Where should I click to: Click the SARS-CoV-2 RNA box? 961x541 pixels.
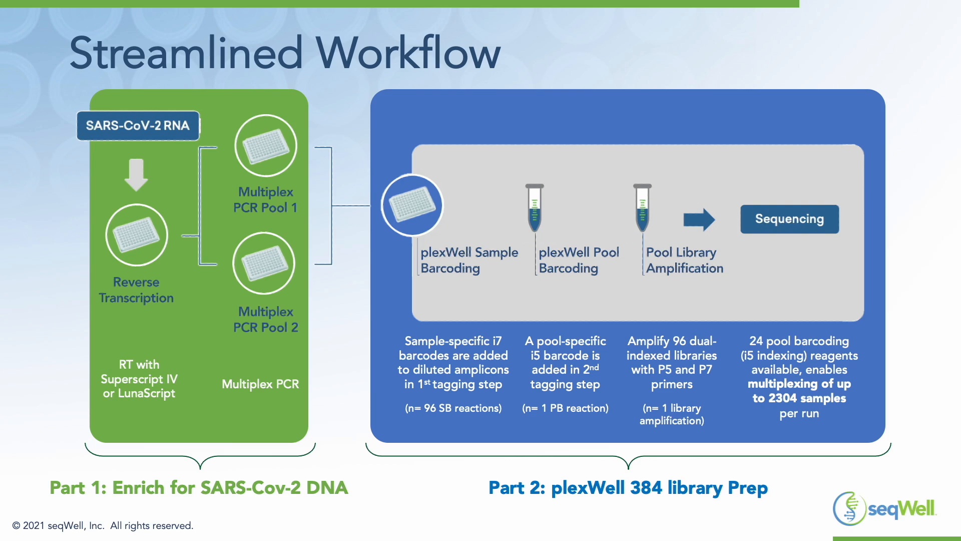(138, 126)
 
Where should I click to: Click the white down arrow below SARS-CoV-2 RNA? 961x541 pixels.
(136, 175)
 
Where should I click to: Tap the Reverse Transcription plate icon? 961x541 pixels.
(137, 235)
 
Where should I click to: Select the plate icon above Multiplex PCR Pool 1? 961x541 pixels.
(266, 146)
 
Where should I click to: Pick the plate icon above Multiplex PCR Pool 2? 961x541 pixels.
(264, 263)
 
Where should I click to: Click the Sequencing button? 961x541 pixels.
(789, 219)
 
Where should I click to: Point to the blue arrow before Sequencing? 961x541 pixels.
(699, 219)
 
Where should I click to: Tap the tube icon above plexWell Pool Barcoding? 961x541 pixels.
(535, 207)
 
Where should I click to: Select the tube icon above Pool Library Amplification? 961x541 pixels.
(642, 207)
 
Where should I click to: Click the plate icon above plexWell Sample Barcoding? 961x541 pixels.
(412, 205)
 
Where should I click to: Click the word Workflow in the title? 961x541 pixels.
(408, 53)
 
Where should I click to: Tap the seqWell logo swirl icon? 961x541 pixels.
(849, 508)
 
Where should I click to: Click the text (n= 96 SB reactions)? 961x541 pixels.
(453, 408)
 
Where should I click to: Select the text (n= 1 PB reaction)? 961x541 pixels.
(565, 408)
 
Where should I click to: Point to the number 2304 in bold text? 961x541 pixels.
(782, 399)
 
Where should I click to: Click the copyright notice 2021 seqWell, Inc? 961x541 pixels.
(103, 525)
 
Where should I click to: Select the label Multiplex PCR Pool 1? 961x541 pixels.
(265, 200)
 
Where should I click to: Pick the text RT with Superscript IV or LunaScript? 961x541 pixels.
(139, 379)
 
